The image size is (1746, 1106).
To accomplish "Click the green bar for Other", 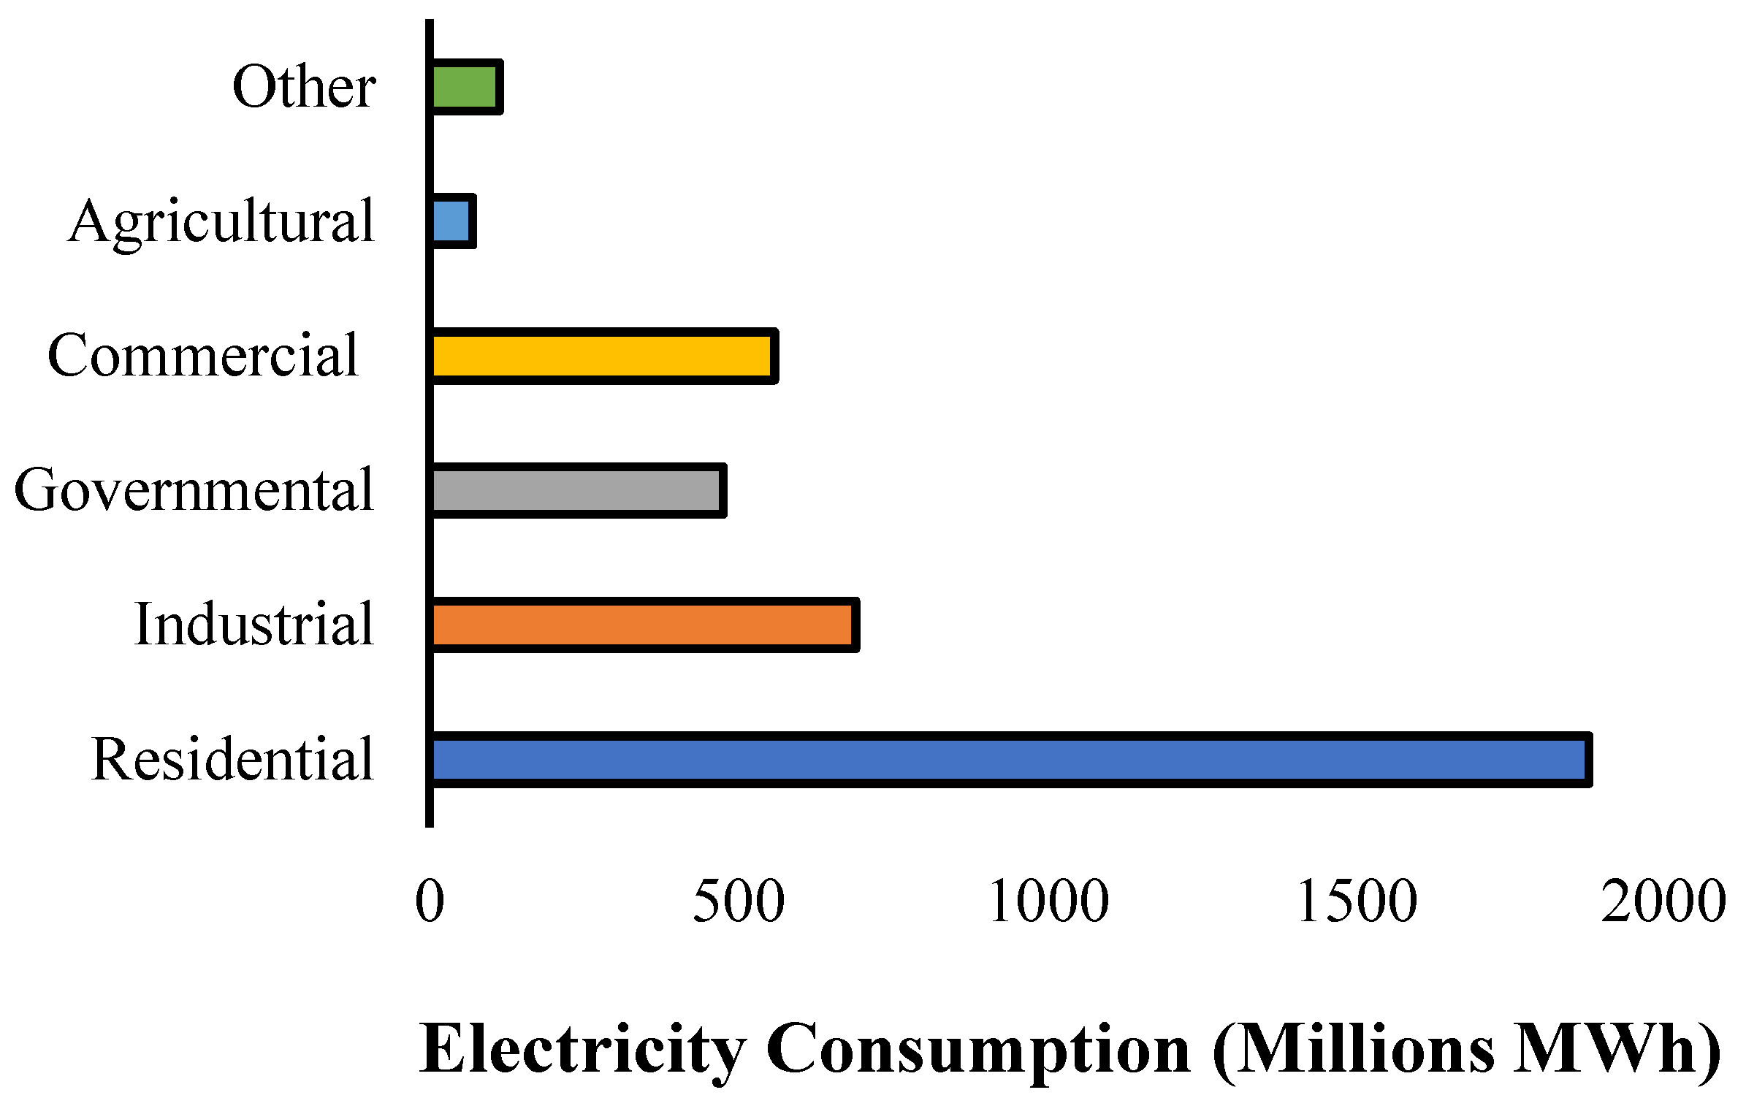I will click(466, 88).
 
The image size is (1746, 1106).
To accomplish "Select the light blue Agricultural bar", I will click(452, 222).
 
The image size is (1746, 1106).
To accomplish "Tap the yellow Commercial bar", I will click(603, 356).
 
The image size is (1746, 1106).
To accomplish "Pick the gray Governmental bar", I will click(577, 491).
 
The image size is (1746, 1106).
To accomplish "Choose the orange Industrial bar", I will click(644, 625).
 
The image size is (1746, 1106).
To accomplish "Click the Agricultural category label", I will click(222, 222).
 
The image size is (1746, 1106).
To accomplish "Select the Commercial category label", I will click(204, 356).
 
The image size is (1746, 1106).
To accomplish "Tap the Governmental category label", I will click(194, 491).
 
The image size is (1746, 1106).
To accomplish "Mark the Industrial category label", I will click(254, 625).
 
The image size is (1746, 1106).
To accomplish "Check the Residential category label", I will click(233, 760).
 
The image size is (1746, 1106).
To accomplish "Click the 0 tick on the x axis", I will click(430, 901).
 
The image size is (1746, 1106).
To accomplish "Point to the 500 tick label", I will click(738, 901).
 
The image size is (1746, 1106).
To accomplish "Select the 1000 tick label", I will click(1048, 901).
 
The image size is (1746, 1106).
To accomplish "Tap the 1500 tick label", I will click(1357, 901).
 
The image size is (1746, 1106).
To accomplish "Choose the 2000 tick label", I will click(1663, 901).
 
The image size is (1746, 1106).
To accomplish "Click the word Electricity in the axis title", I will click(583, 1050).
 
